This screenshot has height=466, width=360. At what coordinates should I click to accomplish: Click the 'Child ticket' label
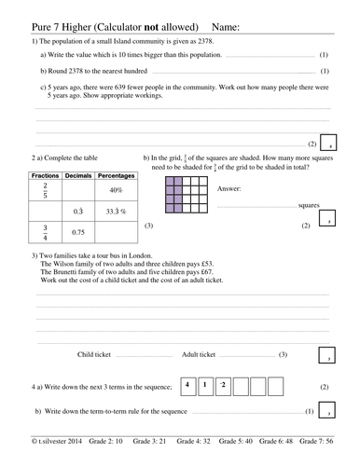click(96, 355)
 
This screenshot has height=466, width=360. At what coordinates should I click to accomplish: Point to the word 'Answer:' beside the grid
click(228, 187)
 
